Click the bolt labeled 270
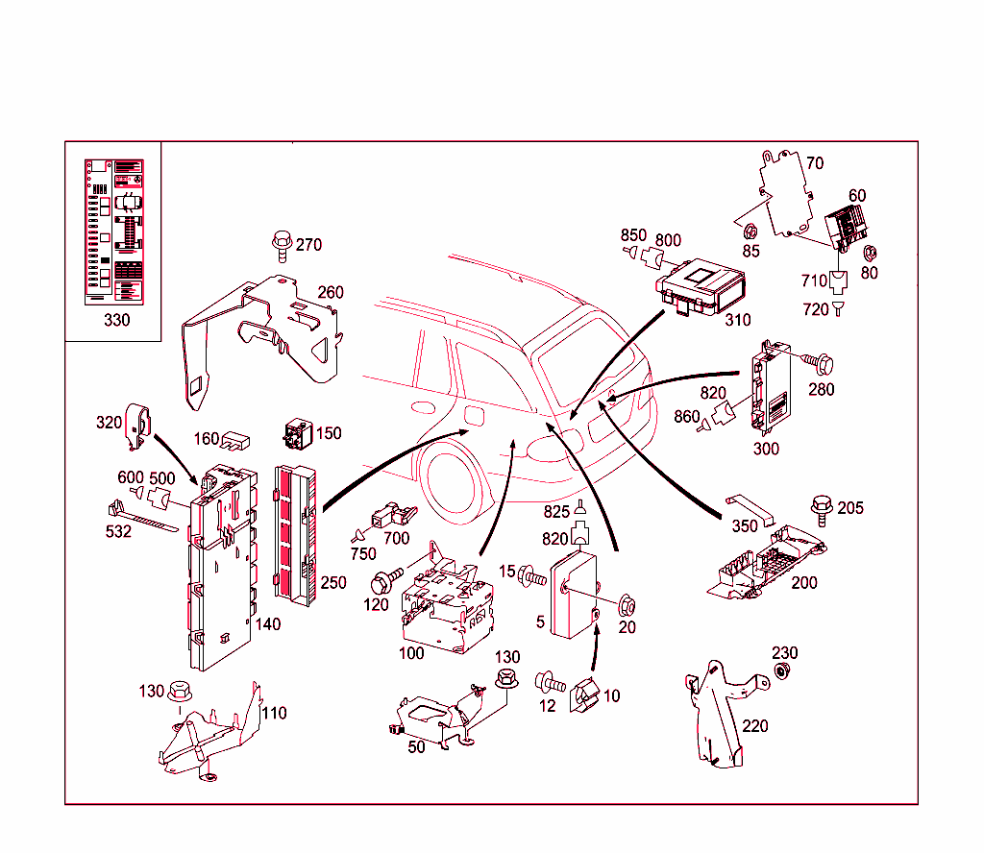coord(283,245)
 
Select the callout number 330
coord(116,320)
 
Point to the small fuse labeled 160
coord(236,441)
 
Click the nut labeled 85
coord(750,232)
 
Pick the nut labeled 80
coord(870,253)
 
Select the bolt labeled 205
coord(822,508)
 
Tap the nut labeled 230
coord(783,671)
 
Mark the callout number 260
coord(331,293)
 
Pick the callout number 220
coord(755,726)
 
